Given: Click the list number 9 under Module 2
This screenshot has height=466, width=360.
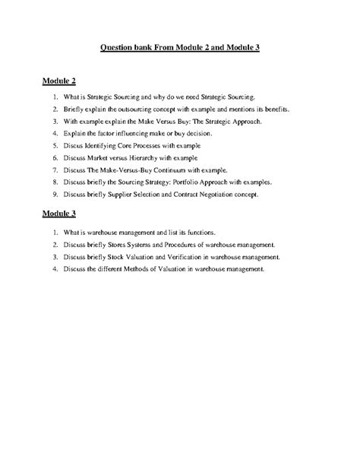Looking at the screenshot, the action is pyautogui.click(x=55, y=194).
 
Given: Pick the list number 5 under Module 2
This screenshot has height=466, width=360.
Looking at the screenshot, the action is pyautogui.click(x=55, y=145).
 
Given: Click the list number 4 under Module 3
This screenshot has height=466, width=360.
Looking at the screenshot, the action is pyautogui.click(x=55, y=268).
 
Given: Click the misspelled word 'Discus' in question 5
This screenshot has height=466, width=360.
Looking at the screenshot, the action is pyautogui.click(x=74, y=145).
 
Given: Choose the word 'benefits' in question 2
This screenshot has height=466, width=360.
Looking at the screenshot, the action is pyautogui.click(x=276, y=109).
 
